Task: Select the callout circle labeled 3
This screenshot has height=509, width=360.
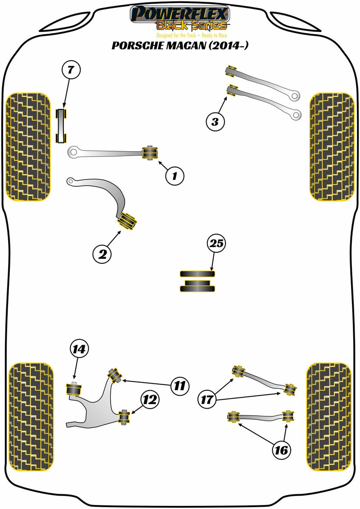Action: tap(215, 121)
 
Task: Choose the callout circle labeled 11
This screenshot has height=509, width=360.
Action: tap(179, 385)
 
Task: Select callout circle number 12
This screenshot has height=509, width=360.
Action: tap(149, 399)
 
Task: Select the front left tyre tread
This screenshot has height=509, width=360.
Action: tap(27, 147)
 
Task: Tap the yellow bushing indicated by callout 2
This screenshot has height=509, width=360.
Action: tap(126, 222)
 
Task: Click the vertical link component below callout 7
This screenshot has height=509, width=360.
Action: tap(61, 125)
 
